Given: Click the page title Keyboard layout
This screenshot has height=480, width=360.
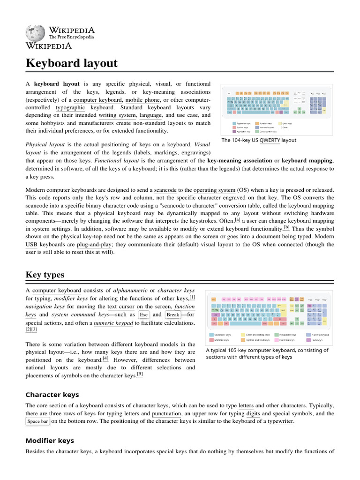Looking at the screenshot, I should click(71, 63).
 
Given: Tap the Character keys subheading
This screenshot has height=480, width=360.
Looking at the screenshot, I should click(52, 394).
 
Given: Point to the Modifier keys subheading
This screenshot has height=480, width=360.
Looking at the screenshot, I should click(49, 440).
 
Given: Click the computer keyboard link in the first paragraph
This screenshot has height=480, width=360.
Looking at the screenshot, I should click(98, 100).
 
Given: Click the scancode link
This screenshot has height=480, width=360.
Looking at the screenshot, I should click(165, 190).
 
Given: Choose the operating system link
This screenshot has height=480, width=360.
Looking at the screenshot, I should click(214, 190).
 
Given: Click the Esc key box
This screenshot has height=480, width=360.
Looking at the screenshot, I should click(144, 315).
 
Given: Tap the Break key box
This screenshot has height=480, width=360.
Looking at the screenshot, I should click(172, 315).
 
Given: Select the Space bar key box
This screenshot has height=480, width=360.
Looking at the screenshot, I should click(37, 422).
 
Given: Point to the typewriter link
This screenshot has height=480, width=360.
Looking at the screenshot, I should click(280, 422).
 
